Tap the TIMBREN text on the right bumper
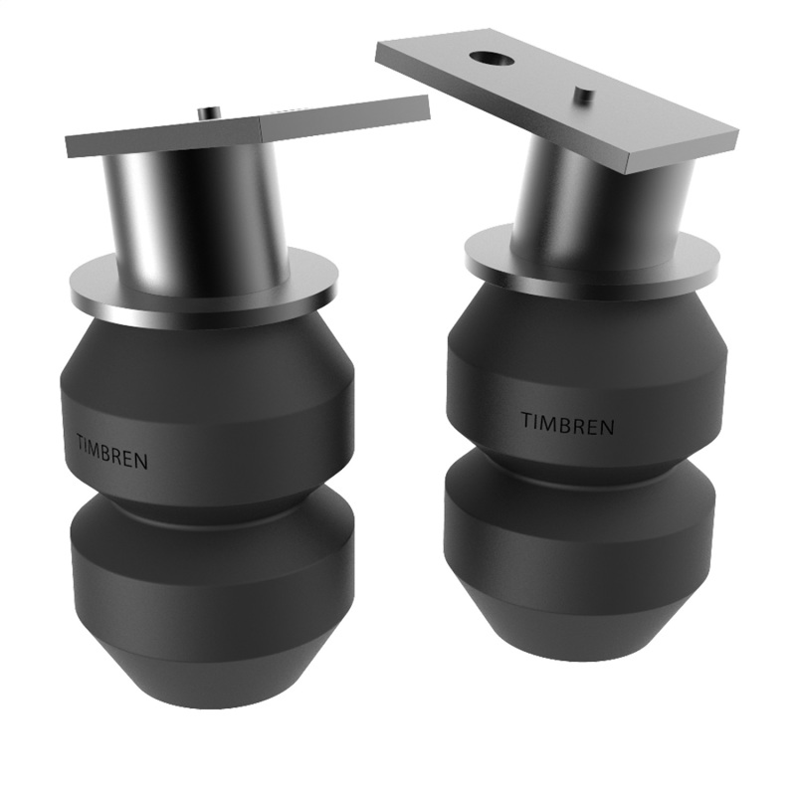point(567,423)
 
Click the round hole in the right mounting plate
point(495,59)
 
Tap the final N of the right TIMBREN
point(608,428)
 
